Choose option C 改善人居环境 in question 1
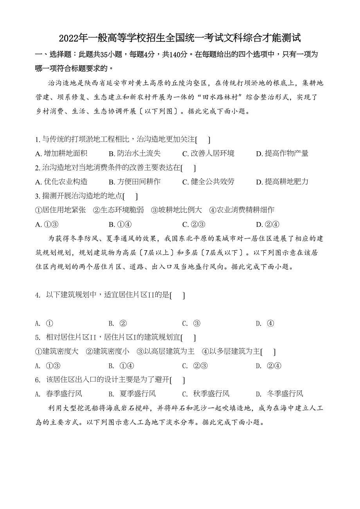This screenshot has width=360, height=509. [x=209, y=154]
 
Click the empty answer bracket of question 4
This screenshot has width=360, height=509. [x=178, y=296]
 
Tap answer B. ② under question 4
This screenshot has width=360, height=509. [x=118, y=324]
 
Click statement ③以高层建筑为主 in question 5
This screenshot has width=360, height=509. [x=166, y=351]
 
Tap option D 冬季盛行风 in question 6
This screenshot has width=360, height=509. [x=279, y=394]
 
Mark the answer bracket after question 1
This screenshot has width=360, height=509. [x=203, y=140]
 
